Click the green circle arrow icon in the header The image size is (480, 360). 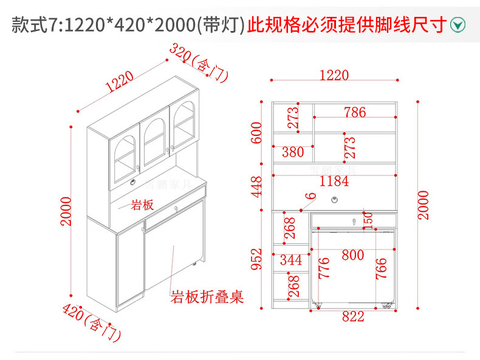459,25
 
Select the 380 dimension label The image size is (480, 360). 292,152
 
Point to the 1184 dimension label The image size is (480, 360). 334,181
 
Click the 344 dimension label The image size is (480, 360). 290,261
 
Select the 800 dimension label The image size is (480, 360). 352,255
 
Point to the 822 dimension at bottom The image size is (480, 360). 352,316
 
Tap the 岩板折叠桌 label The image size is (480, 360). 207,297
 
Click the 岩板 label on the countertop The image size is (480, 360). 141,205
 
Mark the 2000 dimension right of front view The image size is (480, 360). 423,205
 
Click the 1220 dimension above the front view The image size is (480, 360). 334,75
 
